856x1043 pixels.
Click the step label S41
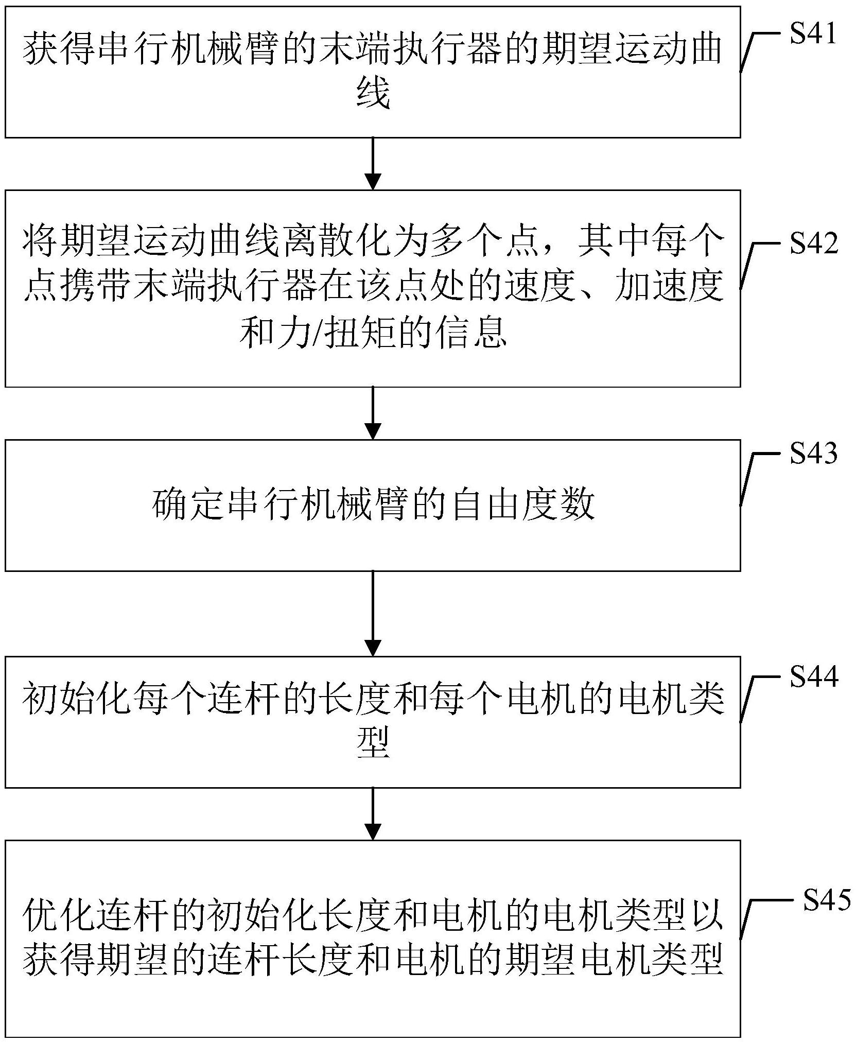tap(813, 33)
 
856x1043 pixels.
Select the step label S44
tap(813, 676)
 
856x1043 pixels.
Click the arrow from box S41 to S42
tap(372, 163)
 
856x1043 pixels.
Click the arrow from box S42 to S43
tap(372, 412)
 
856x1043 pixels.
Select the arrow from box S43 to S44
tap(372, 613)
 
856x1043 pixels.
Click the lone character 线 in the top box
tap(372, 95)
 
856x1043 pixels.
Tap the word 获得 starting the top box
tap(61, 50)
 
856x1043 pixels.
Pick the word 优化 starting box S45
tap(61, 915)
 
